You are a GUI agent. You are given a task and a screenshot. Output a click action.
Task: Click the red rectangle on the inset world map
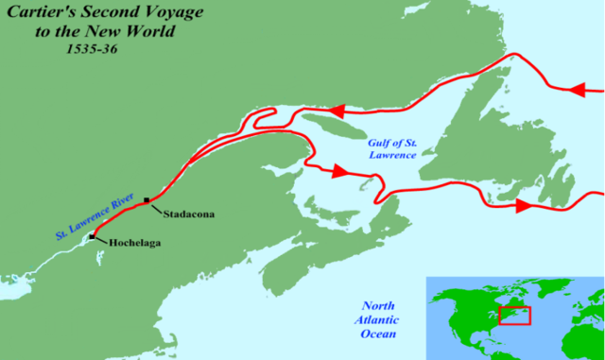click(515, 316)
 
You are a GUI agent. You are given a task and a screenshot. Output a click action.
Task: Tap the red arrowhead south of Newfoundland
click(522, 204)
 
